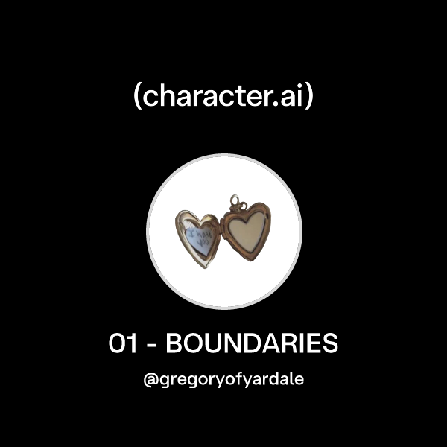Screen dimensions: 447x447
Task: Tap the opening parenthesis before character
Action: [138, 97]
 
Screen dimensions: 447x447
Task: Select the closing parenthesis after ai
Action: [308, 97]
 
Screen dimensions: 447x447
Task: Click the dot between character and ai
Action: [273, 104]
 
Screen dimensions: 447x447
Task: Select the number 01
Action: [122, 345]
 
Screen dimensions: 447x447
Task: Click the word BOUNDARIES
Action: [251, 345]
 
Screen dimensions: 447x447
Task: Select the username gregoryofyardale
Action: [230, 379]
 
